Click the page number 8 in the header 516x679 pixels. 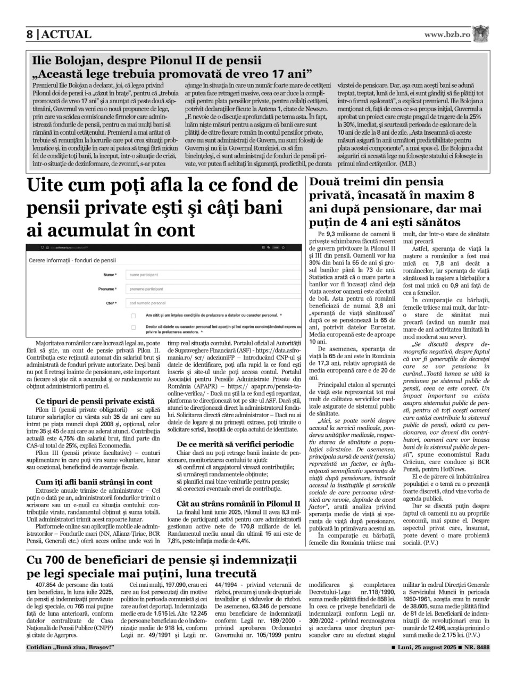tap(30, 35)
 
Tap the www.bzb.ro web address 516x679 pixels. tap(447, 34)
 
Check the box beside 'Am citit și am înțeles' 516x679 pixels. tap(133, 316)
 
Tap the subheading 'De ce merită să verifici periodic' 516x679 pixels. tap(235, 444)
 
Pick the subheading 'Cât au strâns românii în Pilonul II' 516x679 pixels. tap(238, 503)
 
